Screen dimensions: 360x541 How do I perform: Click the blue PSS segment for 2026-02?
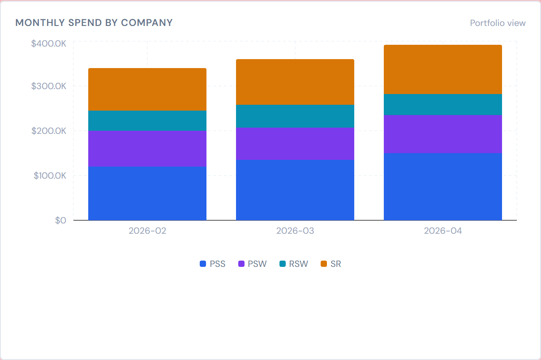(x=147, y=193)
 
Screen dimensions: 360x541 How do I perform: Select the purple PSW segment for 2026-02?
(x=147, y=148)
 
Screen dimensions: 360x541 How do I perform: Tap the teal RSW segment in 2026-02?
(x=147, y=120)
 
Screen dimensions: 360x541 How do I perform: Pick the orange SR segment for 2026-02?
(x=147, y=90)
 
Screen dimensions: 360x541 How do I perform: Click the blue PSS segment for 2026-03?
(x=295, y=190)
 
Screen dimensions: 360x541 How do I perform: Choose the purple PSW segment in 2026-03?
(x=295, y=144)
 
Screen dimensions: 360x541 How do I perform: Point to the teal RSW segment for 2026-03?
(x=295, y=116)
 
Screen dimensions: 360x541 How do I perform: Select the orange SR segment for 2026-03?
(x=295, y=82)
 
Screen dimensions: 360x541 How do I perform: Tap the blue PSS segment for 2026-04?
(x=442, y=186)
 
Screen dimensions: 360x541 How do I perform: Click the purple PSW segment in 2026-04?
(x=442, y=134)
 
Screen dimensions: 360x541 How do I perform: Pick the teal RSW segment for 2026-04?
(x=442, y=104)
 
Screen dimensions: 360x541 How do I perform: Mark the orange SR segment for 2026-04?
(x=442, y=69)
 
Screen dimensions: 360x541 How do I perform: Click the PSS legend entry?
(x=213, y=264)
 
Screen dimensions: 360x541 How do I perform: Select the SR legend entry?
(x=331, y=264)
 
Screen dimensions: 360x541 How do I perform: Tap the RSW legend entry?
(x=294, y=264)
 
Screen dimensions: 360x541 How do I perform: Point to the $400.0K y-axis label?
(x=48, y=43)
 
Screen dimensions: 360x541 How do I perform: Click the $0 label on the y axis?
(x=60, y=220)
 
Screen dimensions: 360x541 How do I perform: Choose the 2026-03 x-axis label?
(x=295, y=231)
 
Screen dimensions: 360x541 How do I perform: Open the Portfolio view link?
(x=498, y=23)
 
